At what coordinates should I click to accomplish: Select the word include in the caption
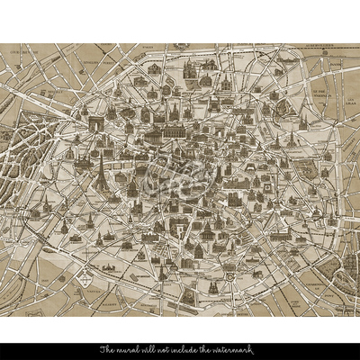[x=187, y=348]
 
